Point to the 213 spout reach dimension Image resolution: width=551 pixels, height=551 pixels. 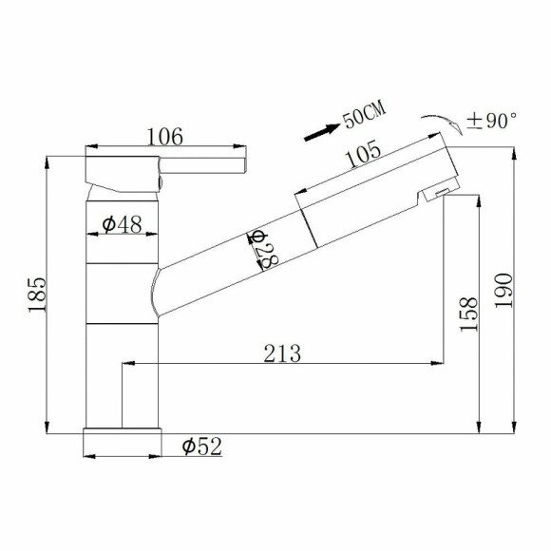click(282, 353)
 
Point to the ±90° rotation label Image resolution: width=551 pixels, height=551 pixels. click(493, 121)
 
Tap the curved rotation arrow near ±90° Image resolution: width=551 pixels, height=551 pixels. click(437, 123)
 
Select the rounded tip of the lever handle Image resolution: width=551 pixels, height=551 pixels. click(246, 163)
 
